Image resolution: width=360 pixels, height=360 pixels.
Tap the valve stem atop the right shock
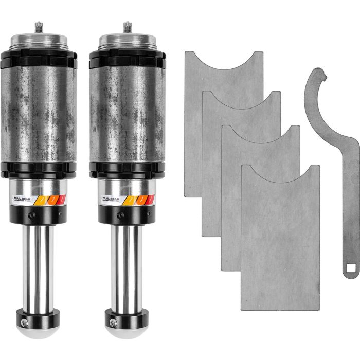click(125, 26)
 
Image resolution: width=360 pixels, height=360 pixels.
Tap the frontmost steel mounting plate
click(280, 242)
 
